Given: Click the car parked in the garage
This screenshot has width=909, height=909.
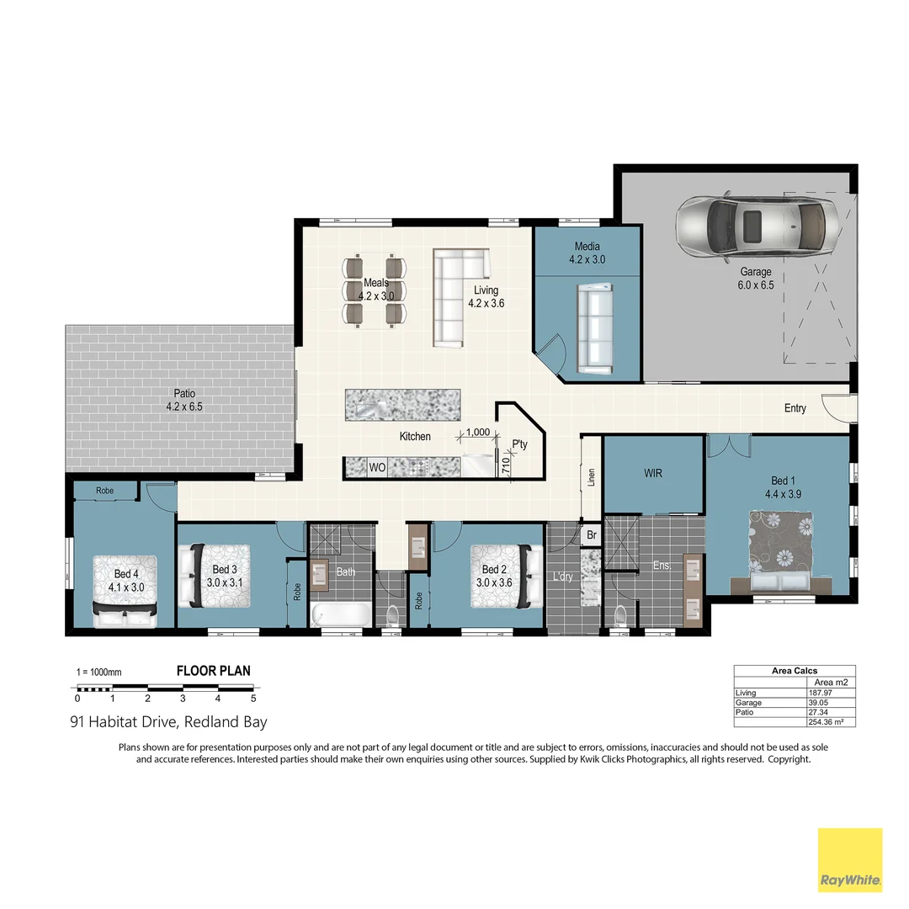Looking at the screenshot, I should pos(754,225).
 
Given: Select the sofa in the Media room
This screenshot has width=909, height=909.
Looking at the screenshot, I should pos(595,328).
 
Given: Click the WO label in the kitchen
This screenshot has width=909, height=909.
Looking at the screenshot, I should pos(377,467).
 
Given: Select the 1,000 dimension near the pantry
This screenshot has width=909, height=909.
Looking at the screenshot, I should pos(477,432).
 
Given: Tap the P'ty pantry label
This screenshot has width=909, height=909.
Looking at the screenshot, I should pos(519,444).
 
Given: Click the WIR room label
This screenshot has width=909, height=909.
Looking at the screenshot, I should pos(653,473).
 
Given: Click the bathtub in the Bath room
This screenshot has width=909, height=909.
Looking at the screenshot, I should pos(340,614).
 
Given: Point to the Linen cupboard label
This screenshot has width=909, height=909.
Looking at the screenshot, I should pos(592,477).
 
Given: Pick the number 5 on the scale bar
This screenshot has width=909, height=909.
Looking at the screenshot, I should pos(253,698).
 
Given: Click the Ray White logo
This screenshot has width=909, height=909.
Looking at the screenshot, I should pos(850,859).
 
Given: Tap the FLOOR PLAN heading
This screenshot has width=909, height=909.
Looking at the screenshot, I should pos(213,671).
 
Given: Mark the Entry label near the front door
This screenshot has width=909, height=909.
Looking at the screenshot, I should pos(795,408).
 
